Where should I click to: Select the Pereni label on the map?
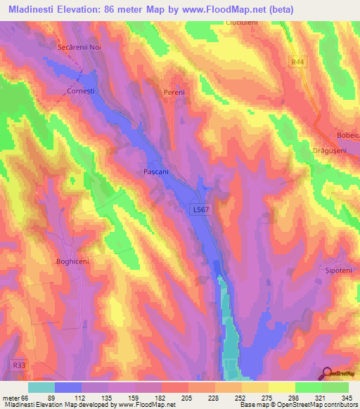coord(174,92)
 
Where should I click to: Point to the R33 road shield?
coord(18,365)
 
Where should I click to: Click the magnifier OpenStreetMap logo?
coord(328,373)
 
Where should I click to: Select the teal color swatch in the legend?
coord(41,387)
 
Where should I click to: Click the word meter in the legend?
coord(11,397)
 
